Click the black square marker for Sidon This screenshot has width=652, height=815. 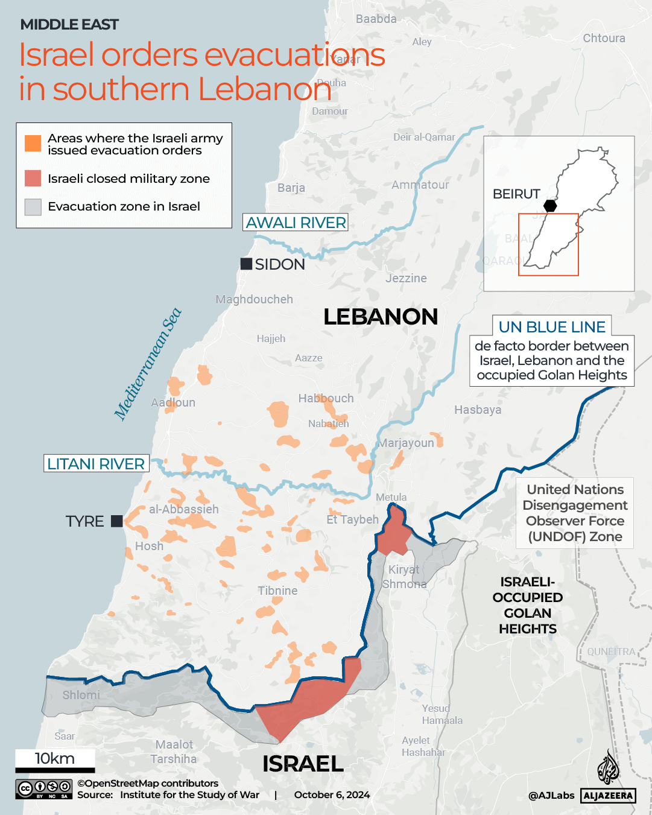[246, 264]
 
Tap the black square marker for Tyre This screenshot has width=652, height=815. [117, 521]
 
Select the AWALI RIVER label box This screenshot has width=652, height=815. [296, 223]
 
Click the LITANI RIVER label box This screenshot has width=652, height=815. [96, 463]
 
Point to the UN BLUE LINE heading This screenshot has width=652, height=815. [551, 327]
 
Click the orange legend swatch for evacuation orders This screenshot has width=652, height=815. [33, 144]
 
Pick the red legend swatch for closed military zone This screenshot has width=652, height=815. [33, 178]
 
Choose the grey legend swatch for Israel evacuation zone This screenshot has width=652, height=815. [33, 207]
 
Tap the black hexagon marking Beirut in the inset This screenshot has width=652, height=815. [550, 205]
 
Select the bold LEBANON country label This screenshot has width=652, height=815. [380, 317]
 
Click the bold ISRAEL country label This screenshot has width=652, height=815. [303, 764]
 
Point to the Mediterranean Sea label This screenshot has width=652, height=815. [148, 364]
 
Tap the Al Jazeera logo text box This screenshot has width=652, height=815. [608, 796]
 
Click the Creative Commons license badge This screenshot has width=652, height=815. [44, 789]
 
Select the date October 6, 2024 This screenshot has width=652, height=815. [332, 795]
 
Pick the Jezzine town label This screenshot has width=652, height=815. [406, 278]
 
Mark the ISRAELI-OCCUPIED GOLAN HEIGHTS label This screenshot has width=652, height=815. [527, 605]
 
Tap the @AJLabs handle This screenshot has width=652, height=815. [551, 796]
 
